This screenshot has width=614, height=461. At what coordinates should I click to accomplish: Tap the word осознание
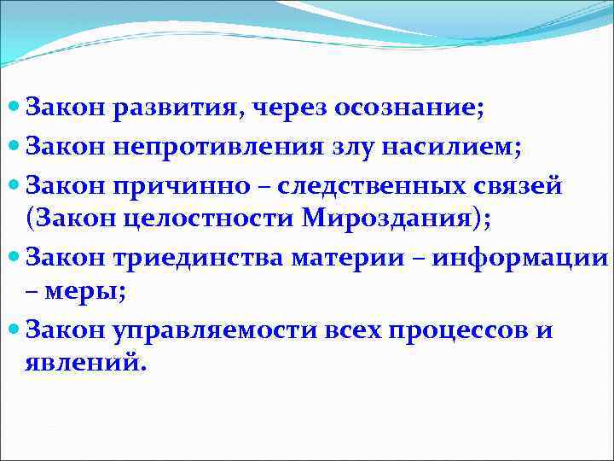[408, 108]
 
